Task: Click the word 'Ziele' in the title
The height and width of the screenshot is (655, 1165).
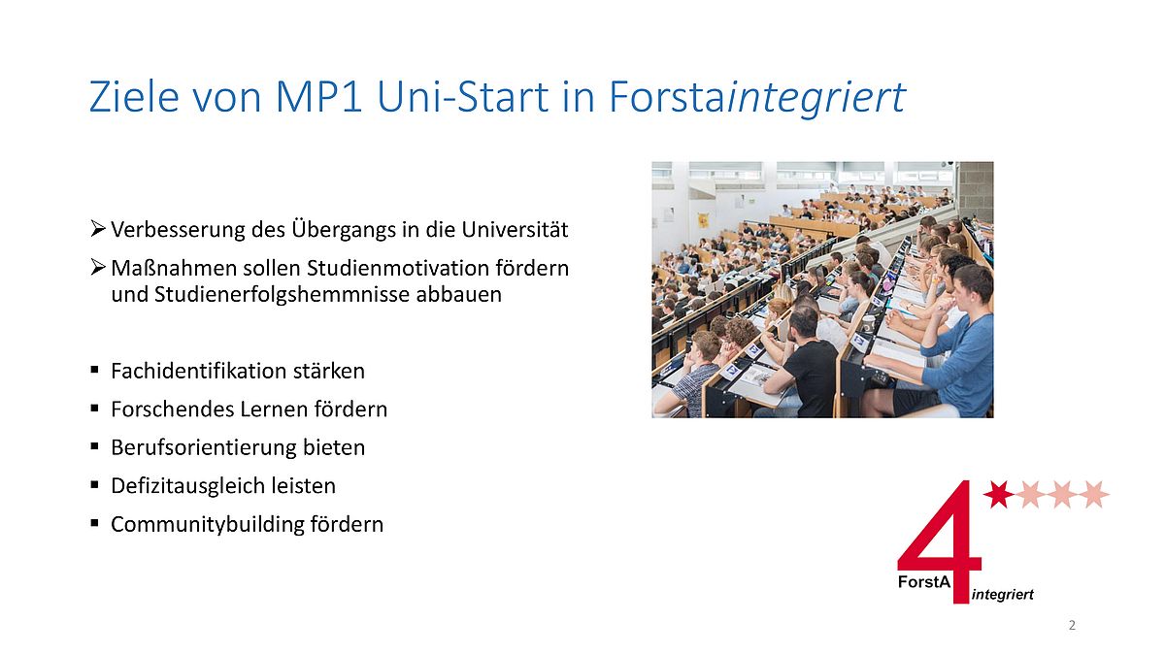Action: click(x=134, y=97)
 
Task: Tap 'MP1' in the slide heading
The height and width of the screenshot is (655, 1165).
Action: click(x=318, y=97)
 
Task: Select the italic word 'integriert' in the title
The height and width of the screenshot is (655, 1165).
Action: click(x=815, y=98)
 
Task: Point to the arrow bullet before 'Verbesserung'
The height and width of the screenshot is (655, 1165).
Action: click(x=98, y=228)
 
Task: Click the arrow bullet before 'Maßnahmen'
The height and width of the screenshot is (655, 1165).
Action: click(x=98, y=267)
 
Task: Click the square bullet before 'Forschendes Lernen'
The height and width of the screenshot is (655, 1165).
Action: click(x=95, y=409)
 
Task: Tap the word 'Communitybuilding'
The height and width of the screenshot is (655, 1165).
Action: click(x=207, y=525)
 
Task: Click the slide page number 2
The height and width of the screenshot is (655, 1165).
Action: click(x=1072, y=625)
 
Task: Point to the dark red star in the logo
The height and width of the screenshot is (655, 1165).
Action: click(x=998, y=494)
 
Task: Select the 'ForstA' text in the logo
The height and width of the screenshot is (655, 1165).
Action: click(x=924, y=581)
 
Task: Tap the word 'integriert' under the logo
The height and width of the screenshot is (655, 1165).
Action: click(x=1002, y=594)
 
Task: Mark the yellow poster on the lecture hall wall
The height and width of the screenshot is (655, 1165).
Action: click(x=703, y=219)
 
